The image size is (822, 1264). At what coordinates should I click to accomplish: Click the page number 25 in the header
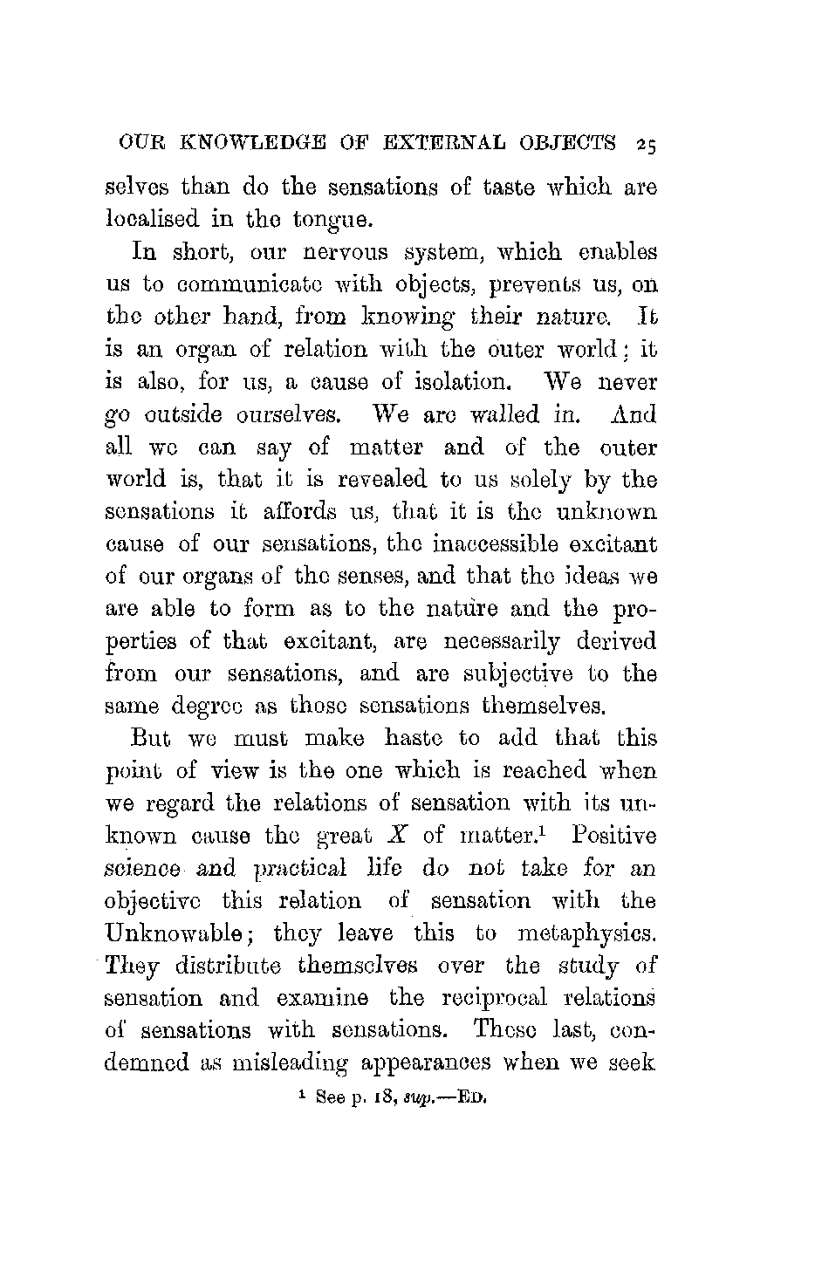(647, 143)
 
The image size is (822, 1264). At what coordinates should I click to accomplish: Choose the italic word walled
(519, 416)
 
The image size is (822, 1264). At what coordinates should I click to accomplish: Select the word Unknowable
(174, 933)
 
